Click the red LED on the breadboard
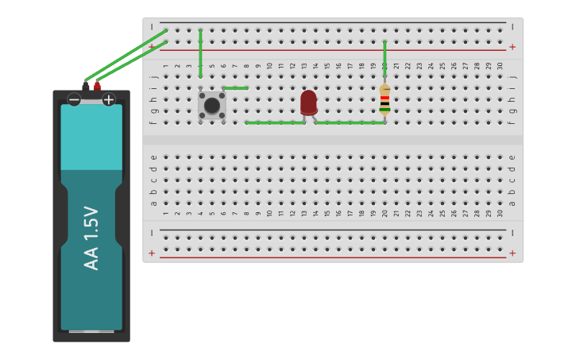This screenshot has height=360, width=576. (308, 103)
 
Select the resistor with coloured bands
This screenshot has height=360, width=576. (385, 100)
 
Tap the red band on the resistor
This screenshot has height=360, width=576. (385, 98)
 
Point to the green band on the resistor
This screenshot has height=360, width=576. (385, 109)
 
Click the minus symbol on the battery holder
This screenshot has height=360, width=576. (74, 99)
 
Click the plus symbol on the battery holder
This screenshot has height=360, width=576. (109, 99)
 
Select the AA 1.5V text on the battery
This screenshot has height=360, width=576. (91, 238)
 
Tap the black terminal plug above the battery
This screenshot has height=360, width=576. (86, 85)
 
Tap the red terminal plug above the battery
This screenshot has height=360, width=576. (97, 85)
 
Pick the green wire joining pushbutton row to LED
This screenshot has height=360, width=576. (274, 122)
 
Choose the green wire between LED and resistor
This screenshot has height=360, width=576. (350, 122)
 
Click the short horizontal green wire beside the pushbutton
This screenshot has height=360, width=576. (235, 87)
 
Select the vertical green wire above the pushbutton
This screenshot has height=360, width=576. (200, 53)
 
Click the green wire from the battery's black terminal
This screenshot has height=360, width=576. (123, 56)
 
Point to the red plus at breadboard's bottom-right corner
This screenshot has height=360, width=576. (512, 253)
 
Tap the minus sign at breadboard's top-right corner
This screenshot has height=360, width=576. (512, 26)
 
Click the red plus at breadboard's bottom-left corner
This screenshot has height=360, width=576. (152, 253)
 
